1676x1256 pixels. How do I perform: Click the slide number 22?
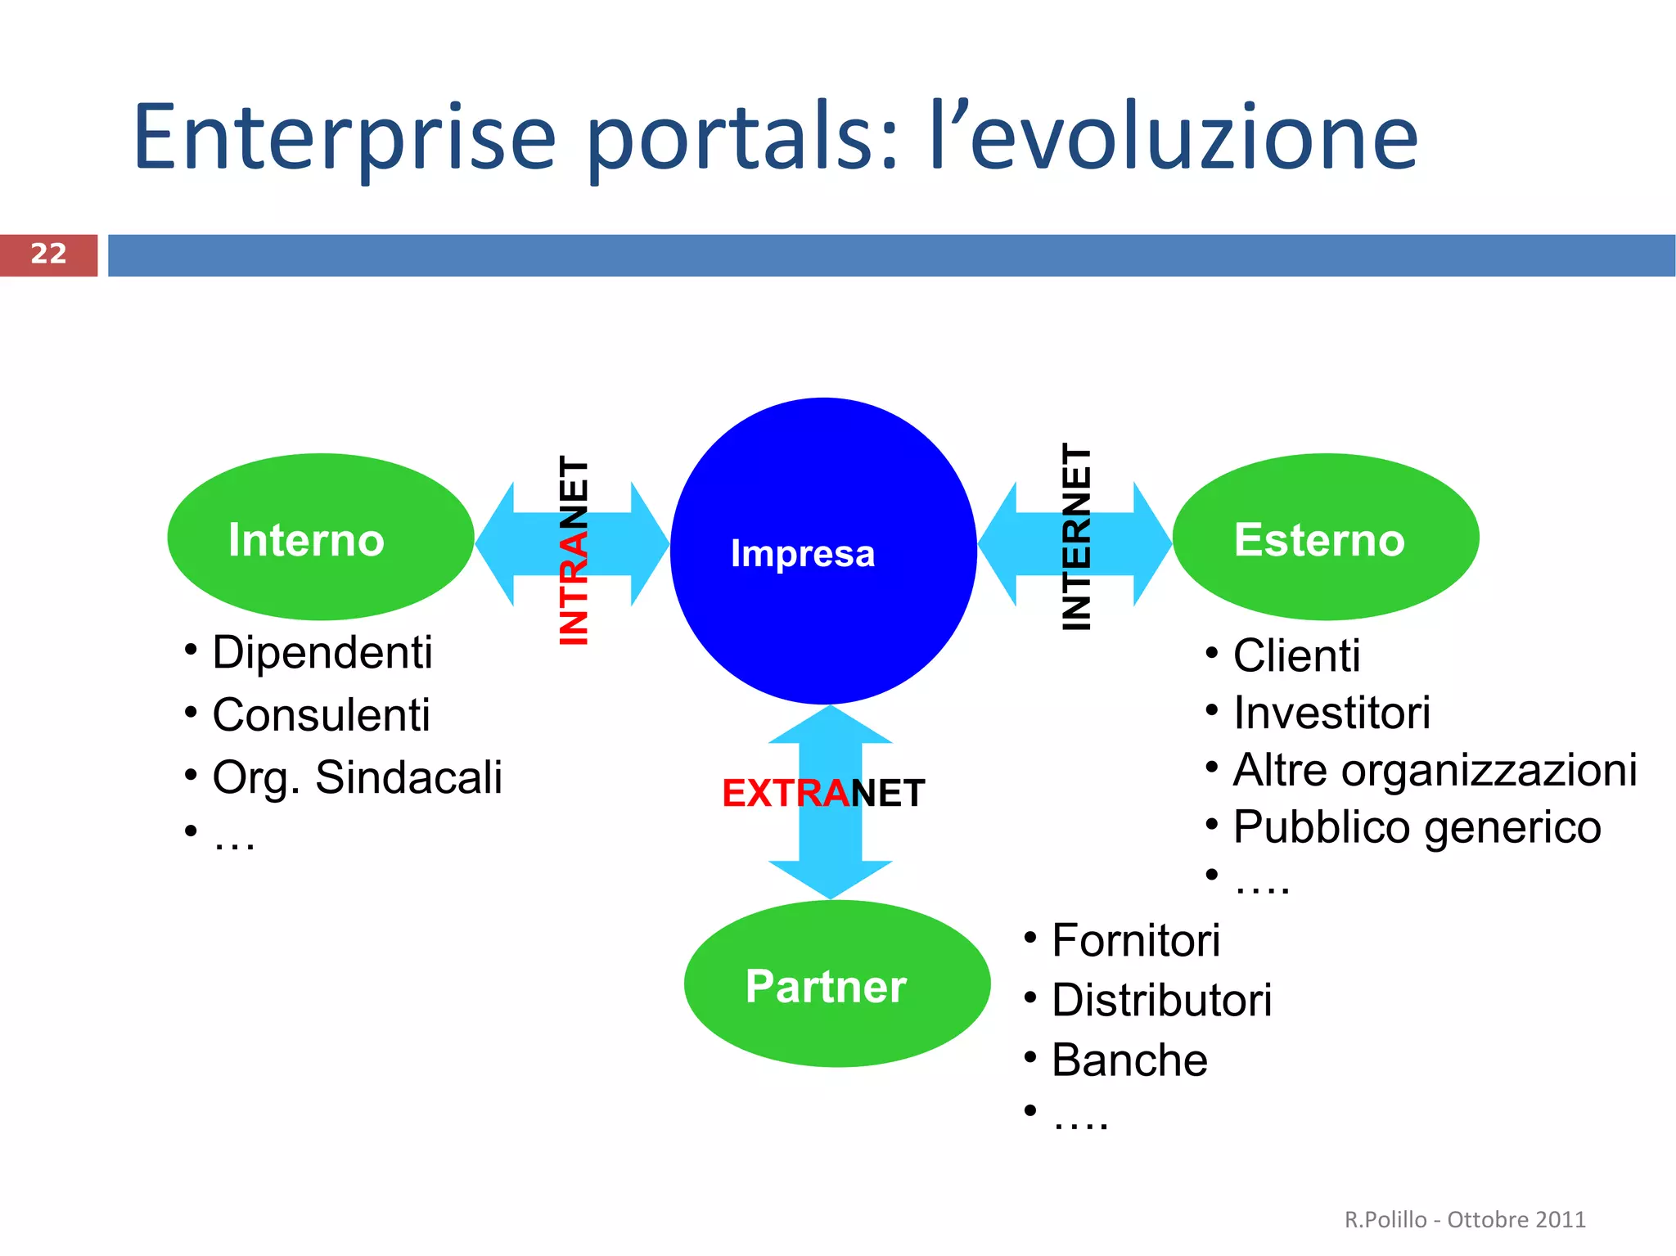48,254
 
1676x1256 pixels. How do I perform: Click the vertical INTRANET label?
574,551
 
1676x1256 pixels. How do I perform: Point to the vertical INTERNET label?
1076,538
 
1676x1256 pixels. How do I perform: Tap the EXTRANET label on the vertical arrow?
823,793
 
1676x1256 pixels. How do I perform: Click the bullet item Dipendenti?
322,653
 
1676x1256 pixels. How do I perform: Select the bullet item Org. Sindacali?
357,777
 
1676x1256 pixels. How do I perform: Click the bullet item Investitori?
1331,713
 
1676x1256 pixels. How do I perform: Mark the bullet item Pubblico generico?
1417,827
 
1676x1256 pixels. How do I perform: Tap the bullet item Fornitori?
1136,940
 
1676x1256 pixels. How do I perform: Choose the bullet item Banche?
1129,1060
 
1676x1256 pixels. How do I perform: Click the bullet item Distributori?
1161,1001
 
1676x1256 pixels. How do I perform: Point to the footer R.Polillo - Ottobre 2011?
1465,1219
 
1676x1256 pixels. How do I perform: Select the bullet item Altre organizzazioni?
1435,771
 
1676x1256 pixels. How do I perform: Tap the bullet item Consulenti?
321,715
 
